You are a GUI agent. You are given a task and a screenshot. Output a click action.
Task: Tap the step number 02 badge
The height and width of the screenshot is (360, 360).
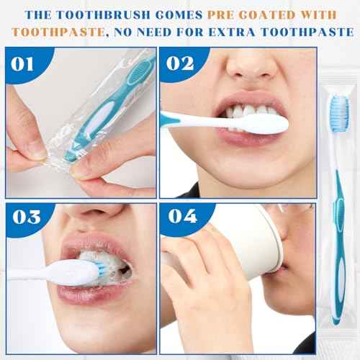click(178, 64)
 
